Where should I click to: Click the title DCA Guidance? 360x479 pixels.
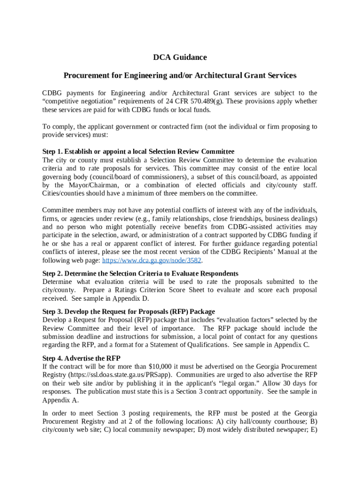coord(180,58)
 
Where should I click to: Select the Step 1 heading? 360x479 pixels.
coord(138,152)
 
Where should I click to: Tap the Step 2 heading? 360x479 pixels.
coord(140,273)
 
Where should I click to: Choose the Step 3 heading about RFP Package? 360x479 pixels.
coord(129,312)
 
